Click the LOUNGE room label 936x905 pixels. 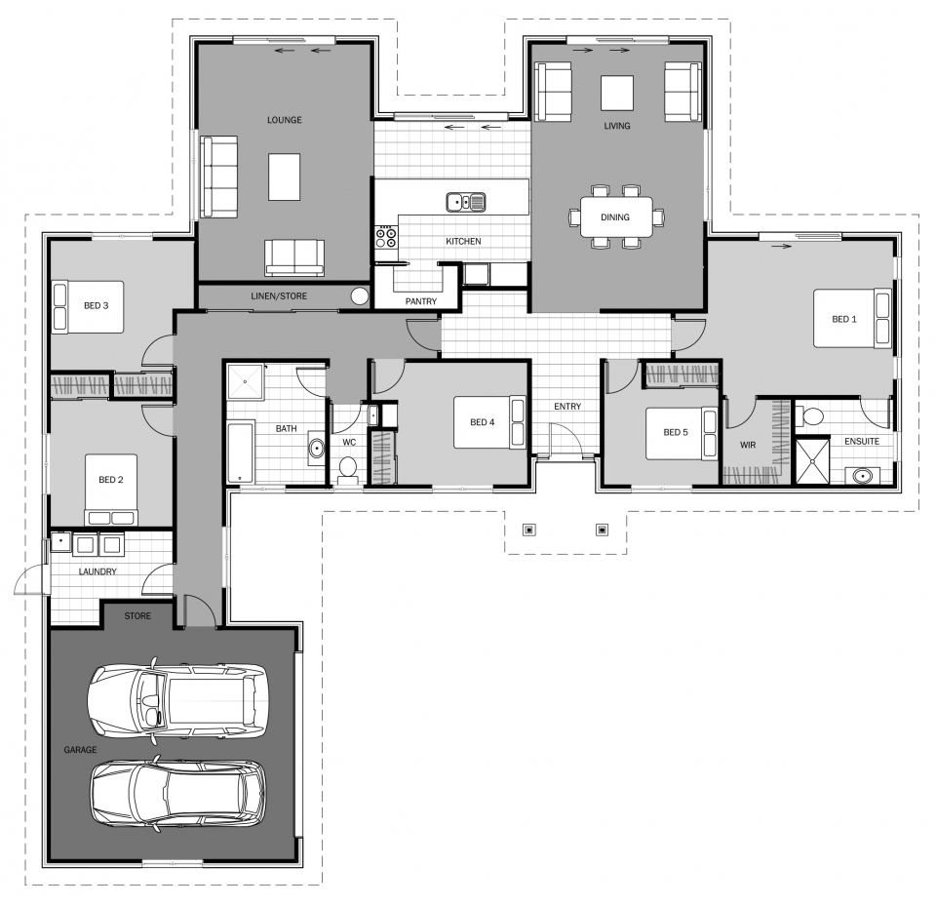(x=284, y=120)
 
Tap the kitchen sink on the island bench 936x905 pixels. (x=466, y=203)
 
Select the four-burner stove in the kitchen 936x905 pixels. (x=386, y=237)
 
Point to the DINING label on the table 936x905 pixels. (x=615, y=217)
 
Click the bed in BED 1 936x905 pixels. (x=852, y=318)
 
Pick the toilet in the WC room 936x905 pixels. (x=347, y=470)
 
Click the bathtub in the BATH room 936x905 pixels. (x=240, y=452)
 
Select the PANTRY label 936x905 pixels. (x=421, y=301)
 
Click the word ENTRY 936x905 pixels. (x=567, y=407)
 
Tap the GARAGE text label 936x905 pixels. (x=80, y=750)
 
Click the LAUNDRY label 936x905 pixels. (x=97, y=571)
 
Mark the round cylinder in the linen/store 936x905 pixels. (x=360, y=296)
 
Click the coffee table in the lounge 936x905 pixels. (x=284, y=177)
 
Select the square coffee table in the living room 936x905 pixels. (x=616, y=93)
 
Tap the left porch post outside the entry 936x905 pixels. (x=528, y=530)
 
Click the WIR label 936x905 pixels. (x=748, y=445)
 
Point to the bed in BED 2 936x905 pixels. (x=111, y=490)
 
